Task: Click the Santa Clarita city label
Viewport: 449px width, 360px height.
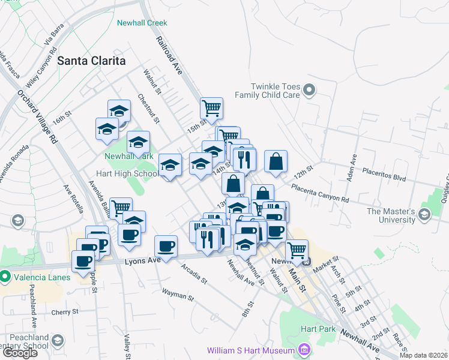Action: click(91, 61)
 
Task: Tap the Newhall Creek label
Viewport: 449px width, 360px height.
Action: click(140, 23)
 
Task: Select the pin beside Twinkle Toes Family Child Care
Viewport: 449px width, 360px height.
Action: click(309, 91)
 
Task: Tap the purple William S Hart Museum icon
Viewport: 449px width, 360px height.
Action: click(304, 350)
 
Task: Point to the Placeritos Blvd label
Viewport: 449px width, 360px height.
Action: click(384, 179)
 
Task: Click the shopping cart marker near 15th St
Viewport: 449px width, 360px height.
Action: click(211, 109)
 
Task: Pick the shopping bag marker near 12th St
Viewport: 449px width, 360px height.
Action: click(276, 161)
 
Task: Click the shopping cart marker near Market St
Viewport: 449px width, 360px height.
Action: click(296, 250)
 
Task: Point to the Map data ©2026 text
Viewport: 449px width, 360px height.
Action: click(423, 355)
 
